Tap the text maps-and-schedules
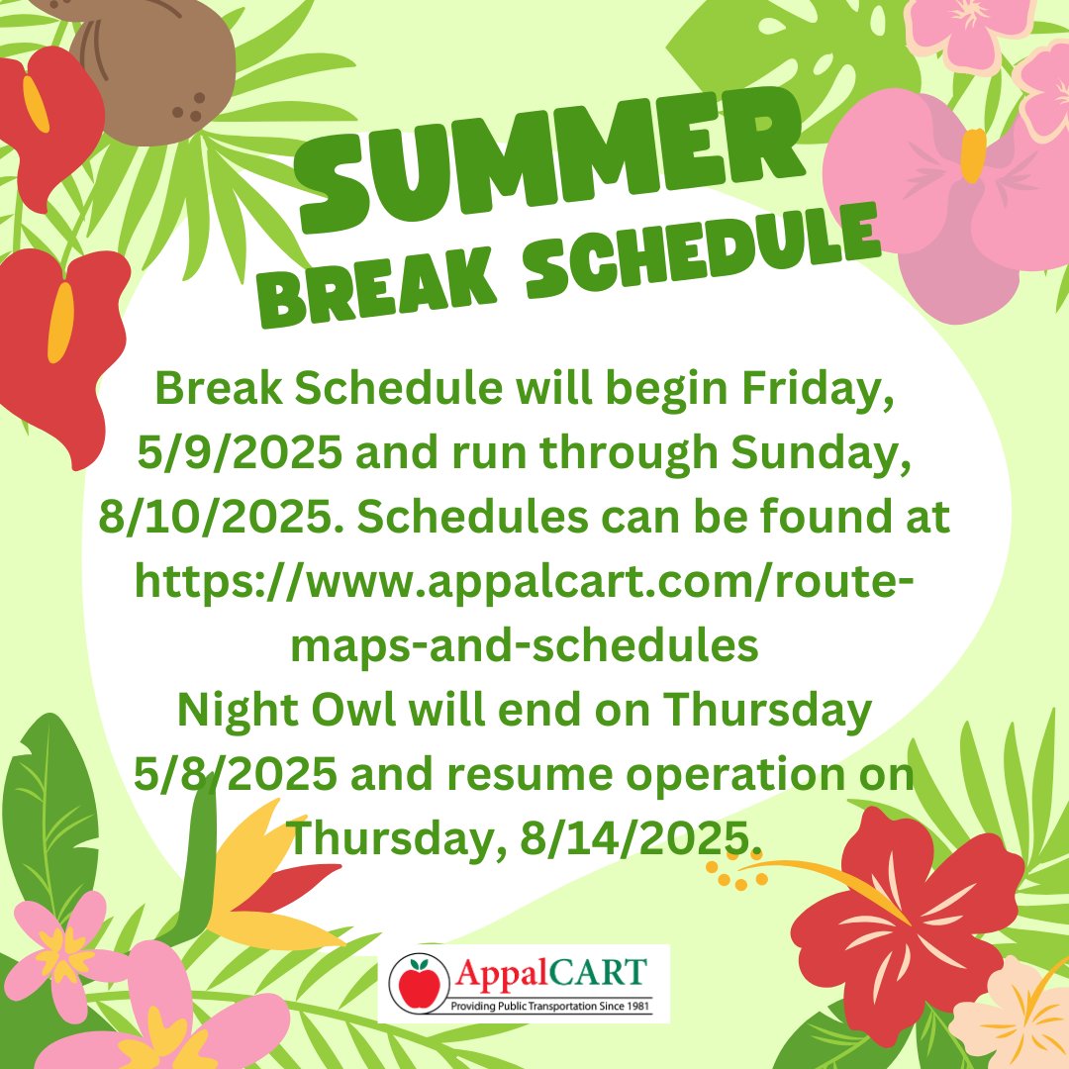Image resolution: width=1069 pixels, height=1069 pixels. click(x=524, y=644)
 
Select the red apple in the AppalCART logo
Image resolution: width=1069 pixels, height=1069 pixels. click(x=420, y=983)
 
